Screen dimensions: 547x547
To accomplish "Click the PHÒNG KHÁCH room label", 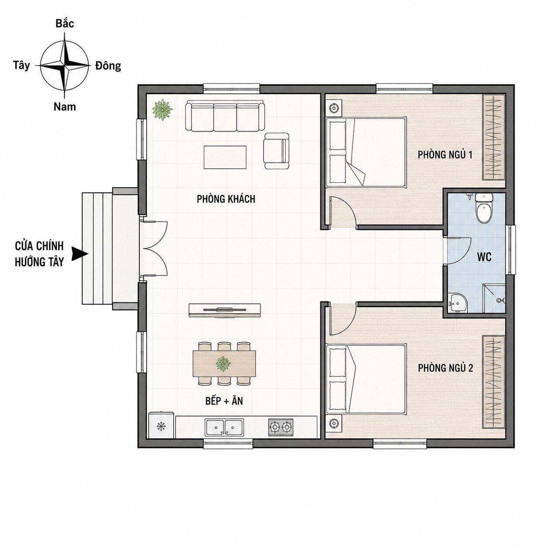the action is pyautogui.click(x=226, y=199).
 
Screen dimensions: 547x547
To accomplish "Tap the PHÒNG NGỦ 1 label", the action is pyautogui.click(x=445, y=155).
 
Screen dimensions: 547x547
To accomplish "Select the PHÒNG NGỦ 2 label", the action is pyautogui.click(x=445, y=368).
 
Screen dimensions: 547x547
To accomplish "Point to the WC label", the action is pyautogui.click(x=484, y=257).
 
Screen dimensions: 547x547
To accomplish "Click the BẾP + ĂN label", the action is pyautogui.click(x=224, y=401).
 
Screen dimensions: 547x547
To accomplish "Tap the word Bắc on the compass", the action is pyautogui.click(x=65, y=24).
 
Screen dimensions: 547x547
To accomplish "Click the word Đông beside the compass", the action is pyautogui.click(x=108, y=65).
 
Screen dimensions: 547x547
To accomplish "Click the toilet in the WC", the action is pyautogui.click(x=484, y=209).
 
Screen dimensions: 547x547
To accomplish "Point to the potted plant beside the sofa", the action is pyautogui.click(x=162, y=109).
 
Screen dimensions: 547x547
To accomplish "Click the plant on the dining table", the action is pyautogui.click(x=223, y=364).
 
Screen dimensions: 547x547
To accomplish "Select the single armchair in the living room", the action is pyautogui.click(x=276, y=151).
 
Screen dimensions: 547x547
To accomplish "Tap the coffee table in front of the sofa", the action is pyautogui.click(x=225, y=157).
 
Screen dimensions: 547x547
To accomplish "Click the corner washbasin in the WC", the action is pyautogui.click(x=458, y=303).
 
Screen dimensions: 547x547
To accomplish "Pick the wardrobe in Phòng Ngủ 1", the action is pyautogui.click(x=494, y=137).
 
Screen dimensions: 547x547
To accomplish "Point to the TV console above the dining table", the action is pyautogui.click(x=225, y=310).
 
